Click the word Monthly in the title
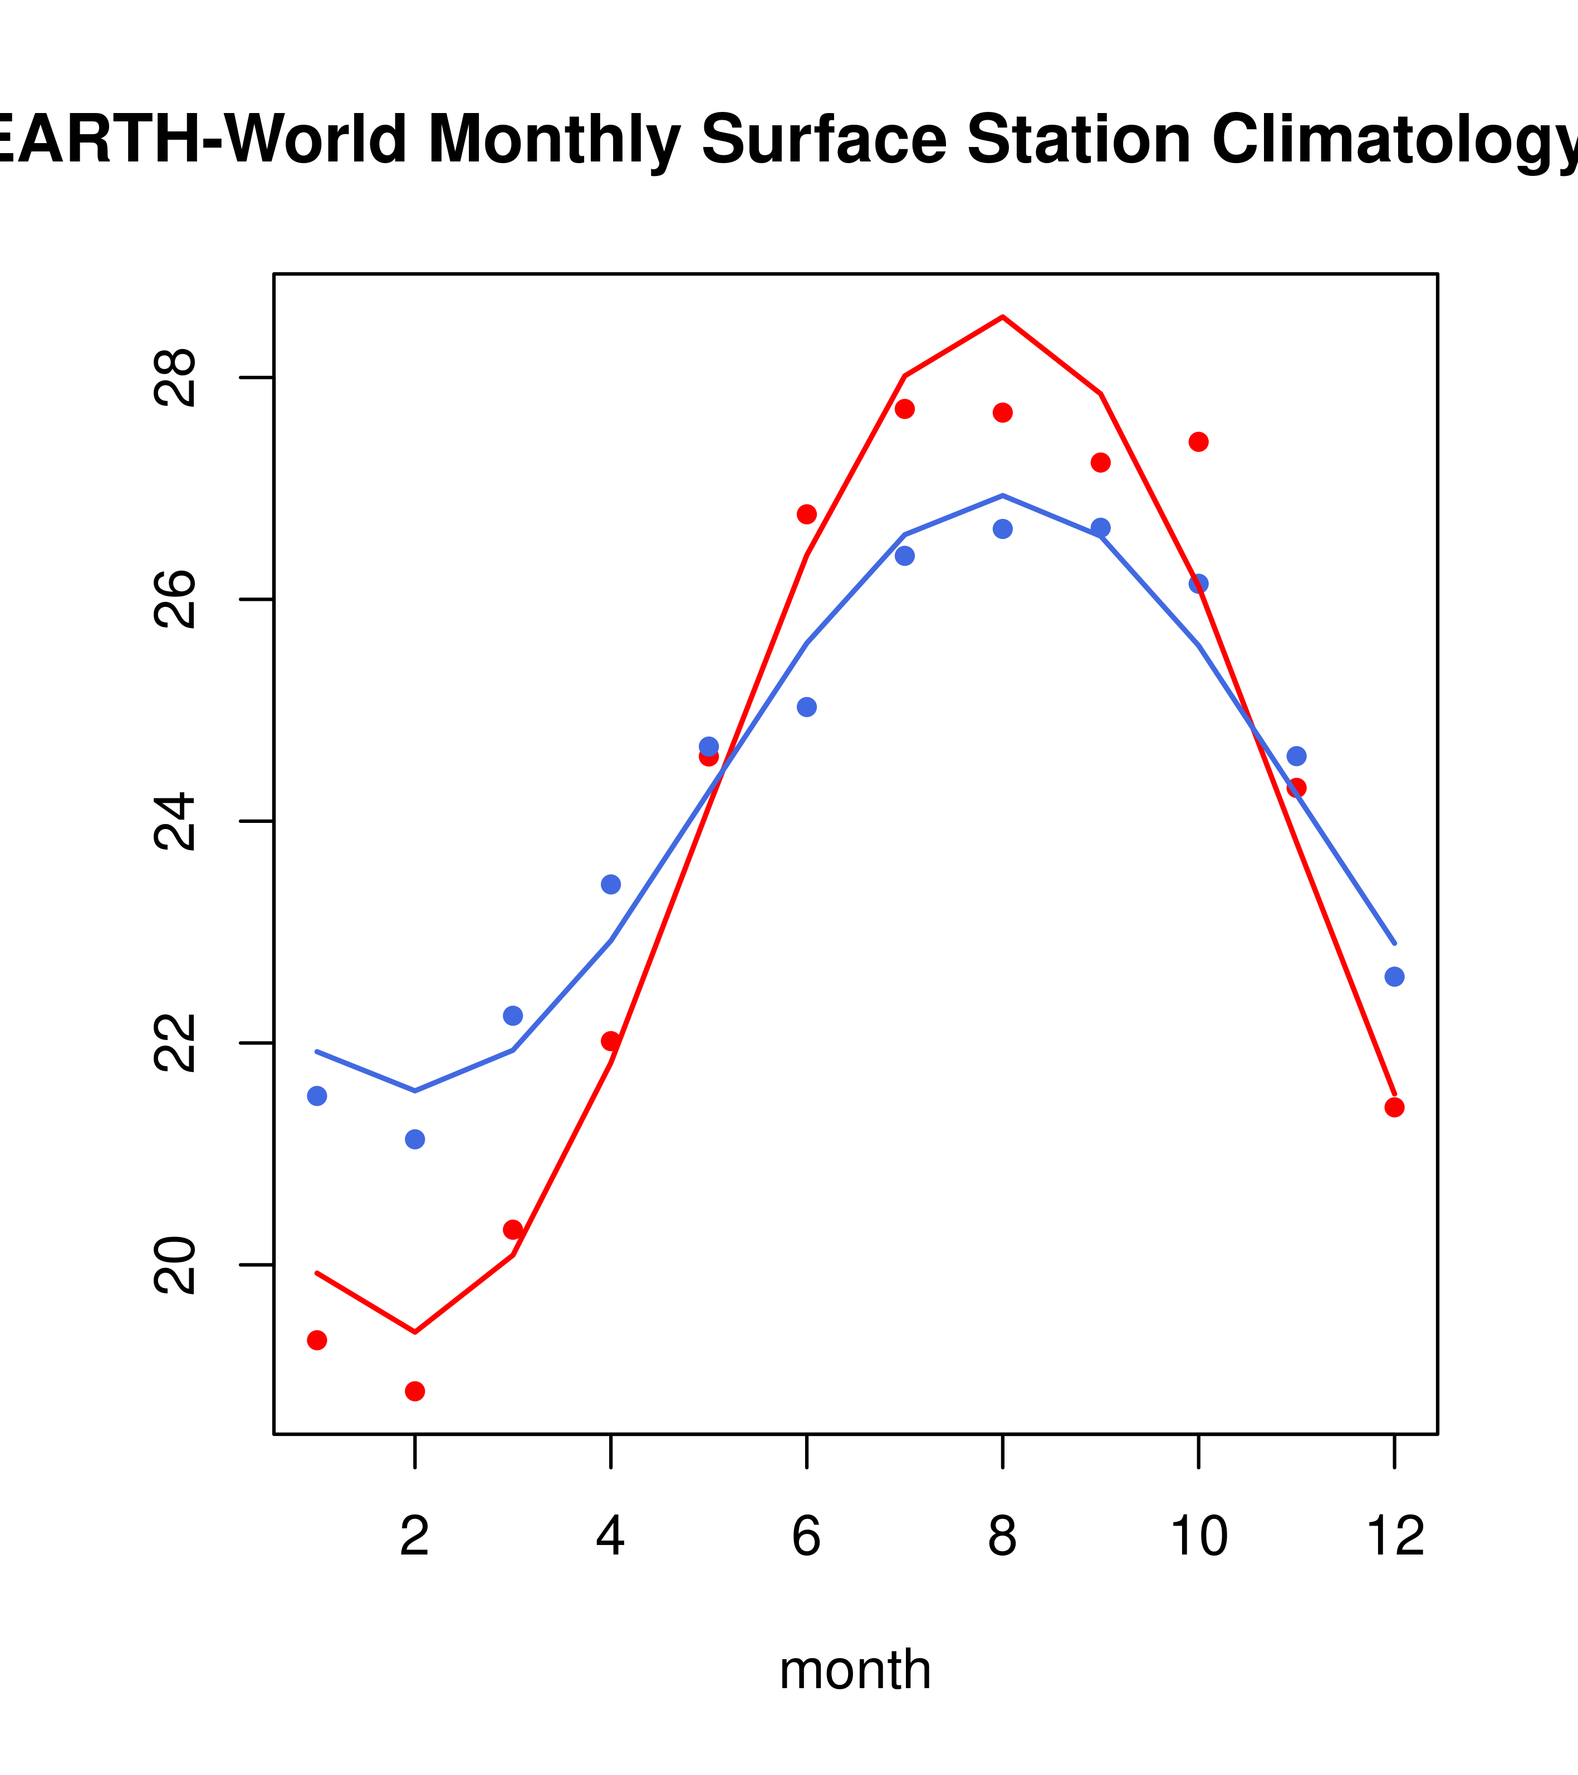pos(553,140)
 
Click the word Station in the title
pos(1078,140)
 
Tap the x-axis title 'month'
pos(855,1669)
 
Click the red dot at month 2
pos(415,1391)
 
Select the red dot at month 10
pos(1198,442)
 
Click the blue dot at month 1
pos(317,1096)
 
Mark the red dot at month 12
pos(1395,1107)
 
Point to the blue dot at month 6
pos(807,707)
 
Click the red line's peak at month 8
pos(1003,317)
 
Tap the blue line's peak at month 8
pos(1003,495)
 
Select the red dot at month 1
pos(317,1340)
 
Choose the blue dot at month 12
pos(1395,977)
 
